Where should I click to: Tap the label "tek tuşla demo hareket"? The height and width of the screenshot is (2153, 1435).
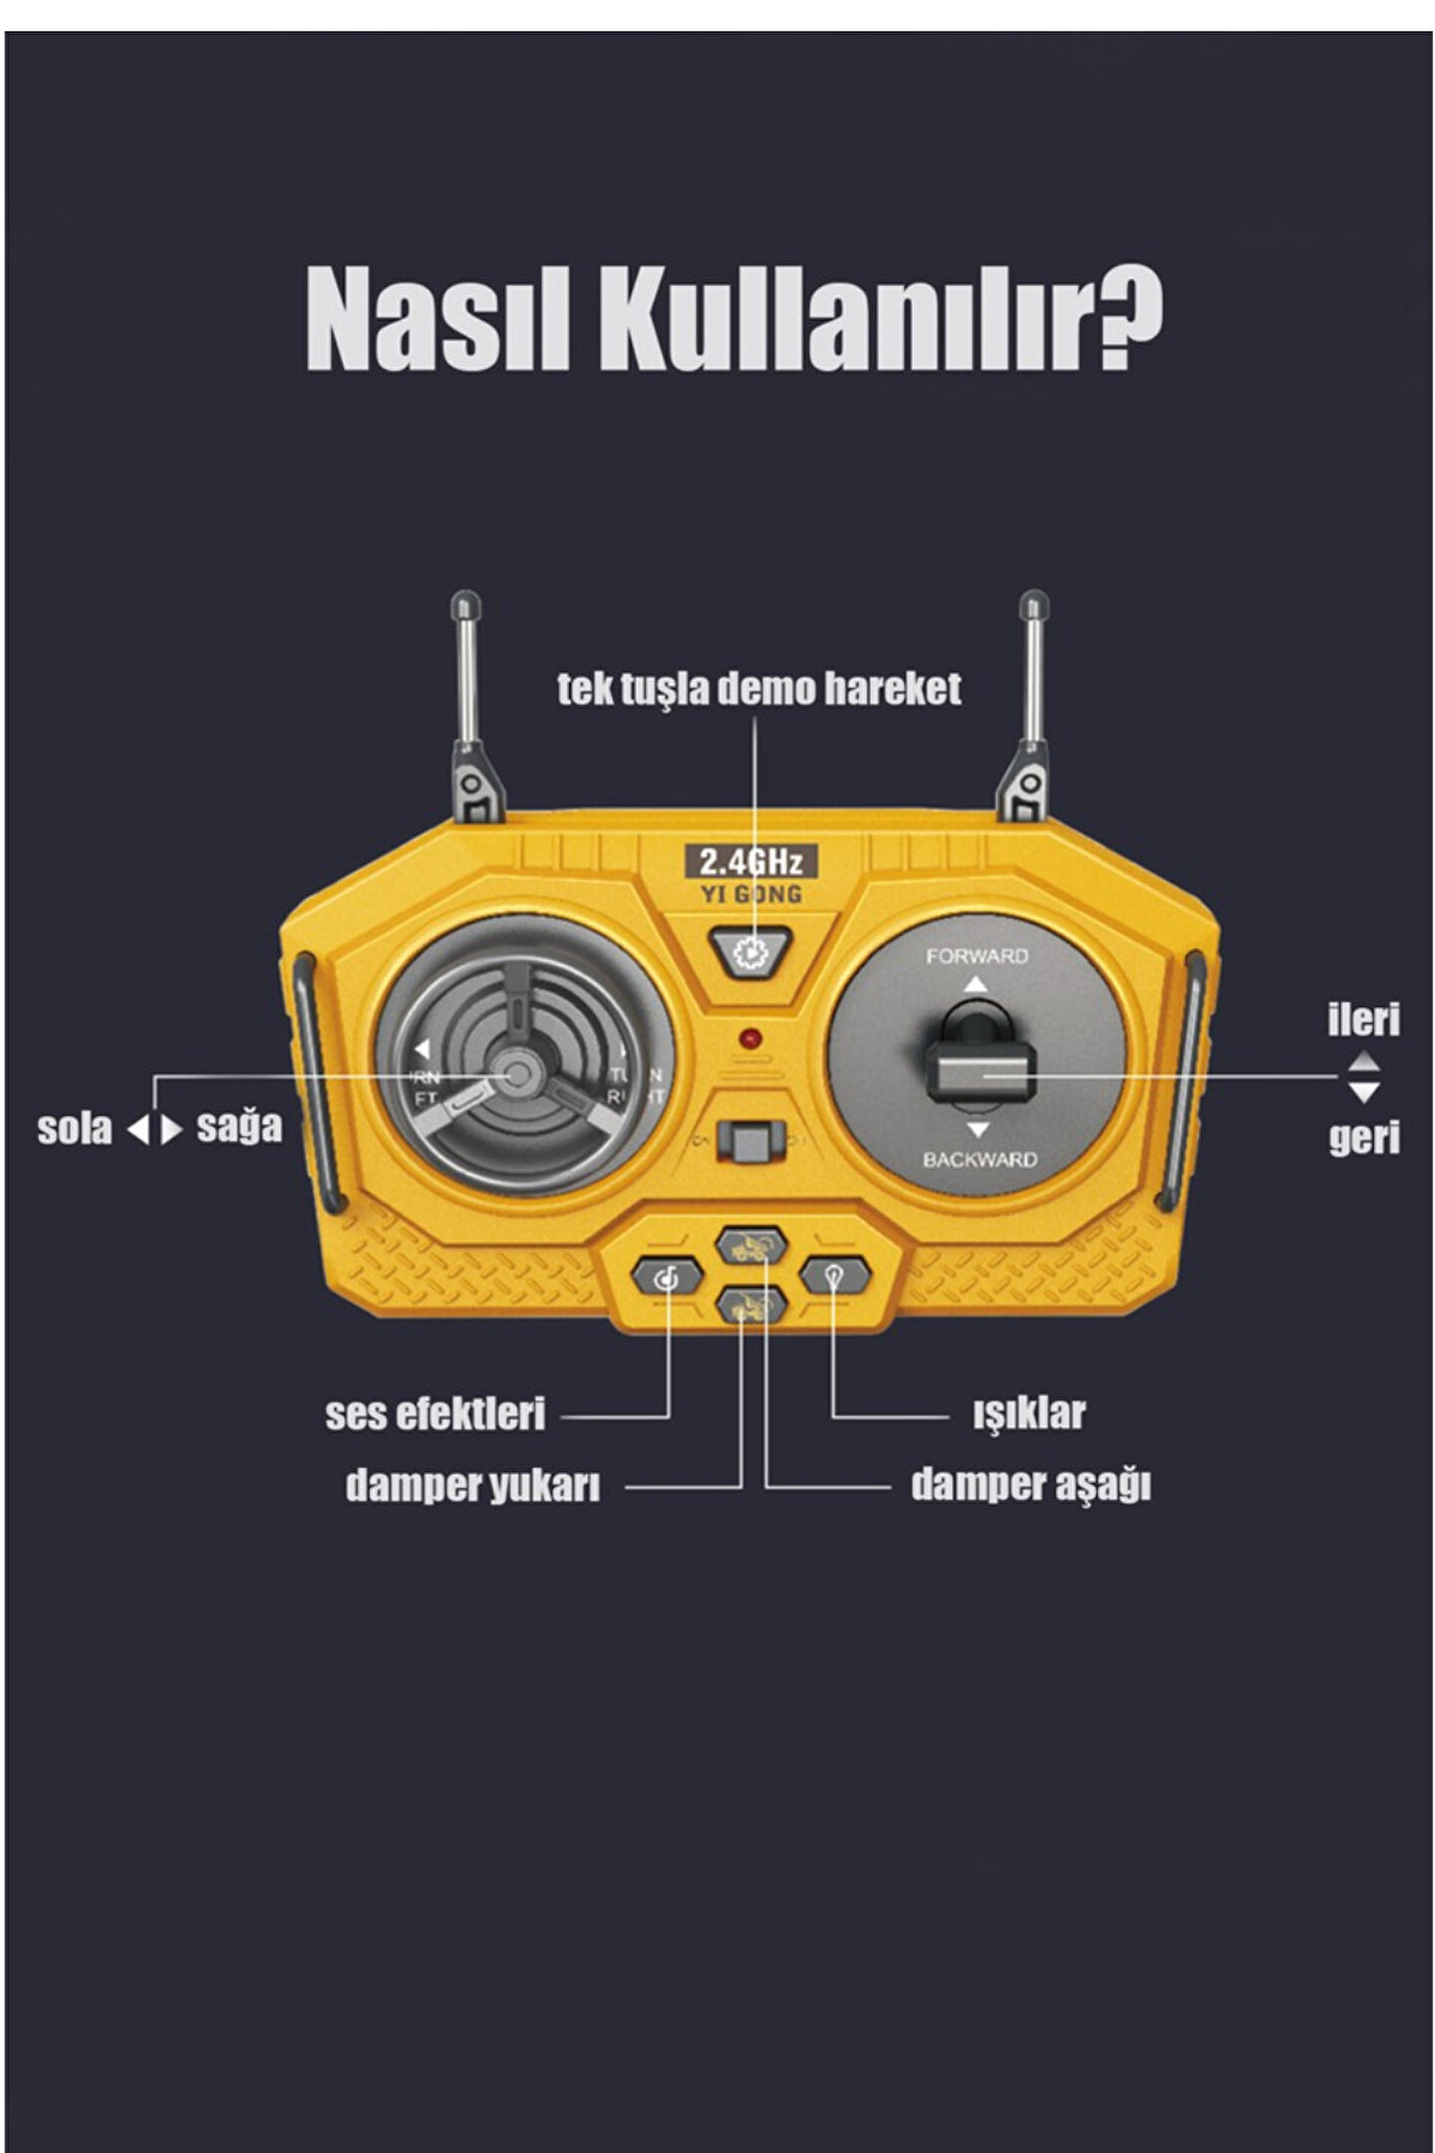point(758,690)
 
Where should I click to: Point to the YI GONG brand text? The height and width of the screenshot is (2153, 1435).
point(750,895)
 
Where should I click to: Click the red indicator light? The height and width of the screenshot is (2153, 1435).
point(750,1039)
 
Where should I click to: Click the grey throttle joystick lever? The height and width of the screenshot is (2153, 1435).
point(980,1075)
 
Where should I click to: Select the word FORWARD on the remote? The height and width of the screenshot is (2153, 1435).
point(977,957)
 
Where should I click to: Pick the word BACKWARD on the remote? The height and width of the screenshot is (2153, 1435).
point(979,1159)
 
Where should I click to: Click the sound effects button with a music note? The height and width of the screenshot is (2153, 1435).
point(668,1276)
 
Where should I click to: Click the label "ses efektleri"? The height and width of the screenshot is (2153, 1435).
point(435,1414)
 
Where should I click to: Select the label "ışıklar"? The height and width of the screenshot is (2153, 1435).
point(1028,1413)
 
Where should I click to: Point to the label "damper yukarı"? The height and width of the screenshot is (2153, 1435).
point(472,1486)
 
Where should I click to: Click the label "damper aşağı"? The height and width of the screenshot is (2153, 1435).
point(1030,1485)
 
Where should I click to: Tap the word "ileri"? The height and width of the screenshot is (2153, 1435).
point(1362,1020)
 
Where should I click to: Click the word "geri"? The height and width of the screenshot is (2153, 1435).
point(1363,1137)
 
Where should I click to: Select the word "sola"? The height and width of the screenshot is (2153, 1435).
point(75,1129)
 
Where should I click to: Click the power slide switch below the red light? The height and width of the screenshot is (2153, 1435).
point(750,1140)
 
